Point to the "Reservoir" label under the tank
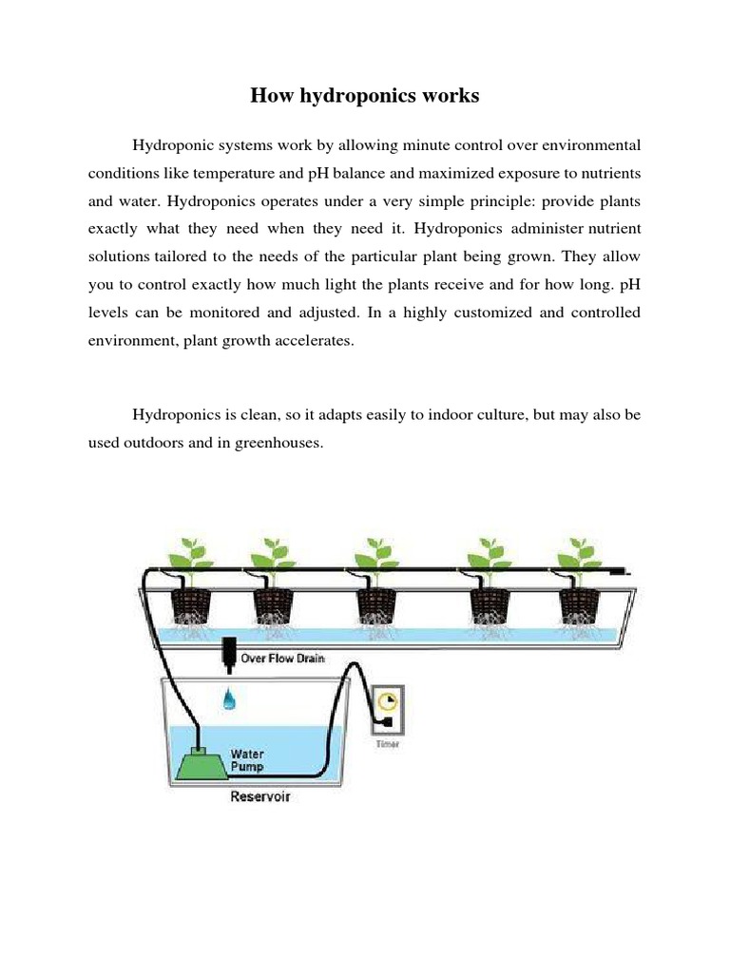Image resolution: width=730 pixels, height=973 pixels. [x=260, y=796]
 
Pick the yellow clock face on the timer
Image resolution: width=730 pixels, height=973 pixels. [x=386, y=702]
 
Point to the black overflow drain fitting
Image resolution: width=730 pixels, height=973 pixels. [x=229, y=653]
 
